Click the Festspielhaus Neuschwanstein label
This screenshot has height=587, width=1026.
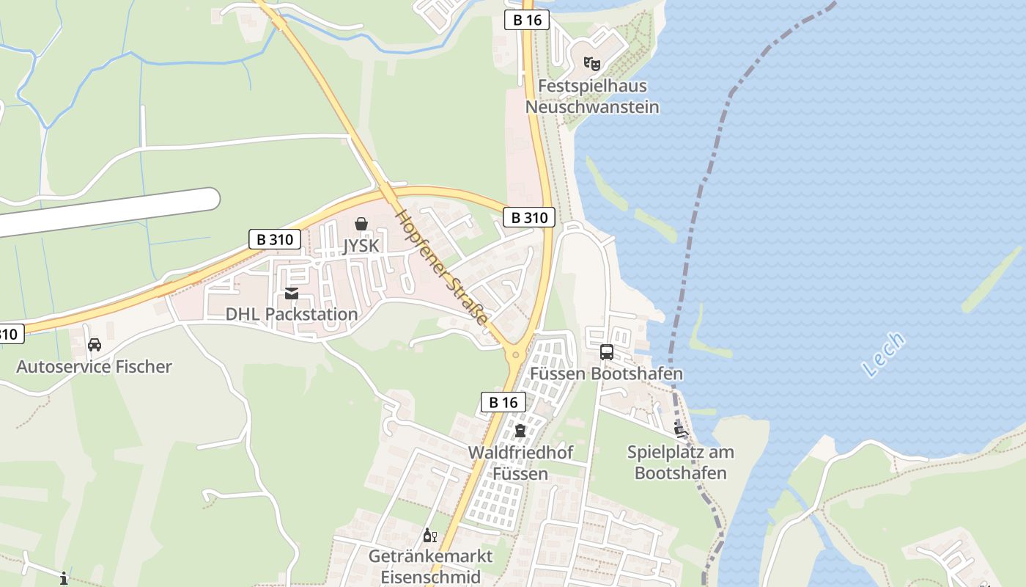(592, 96)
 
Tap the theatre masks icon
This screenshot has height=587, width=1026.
(592, 64)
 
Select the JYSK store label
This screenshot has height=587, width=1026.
(361, 245)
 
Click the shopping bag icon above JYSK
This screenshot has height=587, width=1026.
(361, 224)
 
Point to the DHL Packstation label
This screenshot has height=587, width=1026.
(292, 314)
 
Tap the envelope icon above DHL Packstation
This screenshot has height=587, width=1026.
(292, 293)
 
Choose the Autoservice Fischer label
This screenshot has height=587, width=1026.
(94, 366)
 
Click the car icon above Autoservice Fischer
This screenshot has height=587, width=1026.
(95, 344)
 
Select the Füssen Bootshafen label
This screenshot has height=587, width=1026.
(606, 373)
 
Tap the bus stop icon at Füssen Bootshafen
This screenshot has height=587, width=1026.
(607, 351)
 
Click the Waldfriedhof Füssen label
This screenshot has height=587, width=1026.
(520, 462)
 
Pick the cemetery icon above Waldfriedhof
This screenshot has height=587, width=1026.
(520, 430)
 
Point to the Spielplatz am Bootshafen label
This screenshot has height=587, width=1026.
(680, 462)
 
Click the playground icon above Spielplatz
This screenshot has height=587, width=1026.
(679, 430)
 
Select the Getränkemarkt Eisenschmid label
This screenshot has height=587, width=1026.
(430, 566)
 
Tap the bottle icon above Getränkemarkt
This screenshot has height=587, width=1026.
(430, 536)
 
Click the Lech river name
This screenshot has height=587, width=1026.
(884, 354)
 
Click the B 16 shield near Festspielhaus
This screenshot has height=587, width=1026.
(527, 20)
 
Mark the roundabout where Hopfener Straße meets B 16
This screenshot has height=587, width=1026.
(516, 355)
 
